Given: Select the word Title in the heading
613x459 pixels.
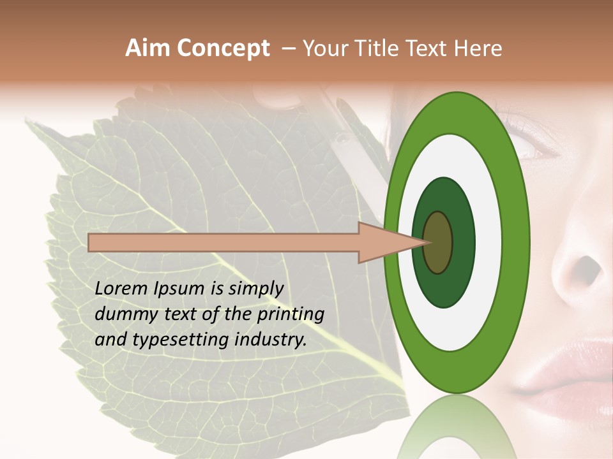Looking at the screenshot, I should tap(378, 48).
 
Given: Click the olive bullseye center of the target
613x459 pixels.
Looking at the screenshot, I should tap(438, 242).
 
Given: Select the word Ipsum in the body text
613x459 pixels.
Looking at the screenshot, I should tap(180, 289).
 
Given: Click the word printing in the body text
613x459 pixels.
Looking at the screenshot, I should tap(291, 314).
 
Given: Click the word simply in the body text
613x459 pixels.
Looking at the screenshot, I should tap(255, 289).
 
